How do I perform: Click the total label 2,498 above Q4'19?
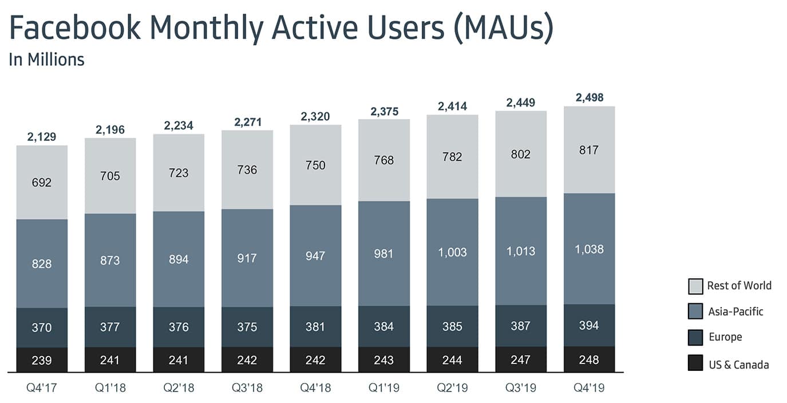pyautogui.click(x=589, y=97)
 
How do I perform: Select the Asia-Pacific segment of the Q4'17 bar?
pyautogui.click(x=42, y=264)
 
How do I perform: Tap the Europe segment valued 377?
pyautogui.click(x=110, y=327)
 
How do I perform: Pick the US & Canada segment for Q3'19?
pyautogui.click(x=521, y=359)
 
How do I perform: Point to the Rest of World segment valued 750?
pyautogui.click(x=315, y=165)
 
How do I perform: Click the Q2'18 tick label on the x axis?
pyautogui.click(x=179, y=388)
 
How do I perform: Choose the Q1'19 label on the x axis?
pyautogui.click(x=383, y=388)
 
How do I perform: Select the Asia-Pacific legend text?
pyautogui.click(x=735, y=311)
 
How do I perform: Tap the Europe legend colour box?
pyautogui.click(x=695, y=337)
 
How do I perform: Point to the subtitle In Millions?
pyautogui.click(x=46, y=60)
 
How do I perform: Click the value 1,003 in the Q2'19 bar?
pyautogui.click(x=452, y=252)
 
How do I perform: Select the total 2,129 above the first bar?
pyautogui.click(x=42, y=137)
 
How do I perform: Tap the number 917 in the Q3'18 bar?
pyautogui.click(x=247, y=258)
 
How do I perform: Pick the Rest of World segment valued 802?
pyautogui.click(x=521, y=154)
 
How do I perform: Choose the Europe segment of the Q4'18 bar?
pyautogui.click(x=315, y=327)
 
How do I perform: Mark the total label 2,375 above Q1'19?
pyautogui.click(x=383, y=110)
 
